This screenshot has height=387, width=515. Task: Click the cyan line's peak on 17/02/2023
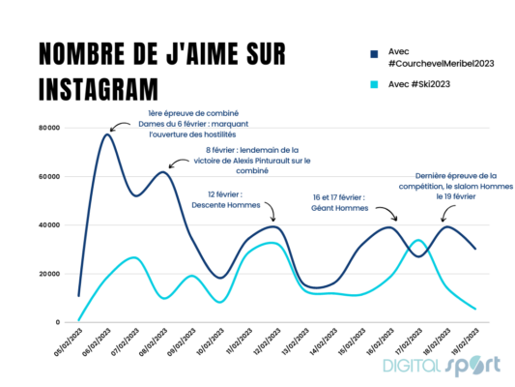417,240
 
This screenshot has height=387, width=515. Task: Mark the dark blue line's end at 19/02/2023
474,249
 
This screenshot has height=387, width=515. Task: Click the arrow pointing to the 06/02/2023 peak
121,124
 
